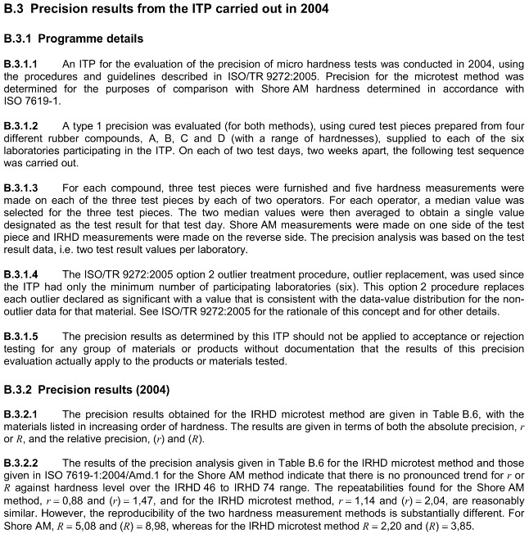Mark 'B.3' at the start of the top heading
pos(16,10)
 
